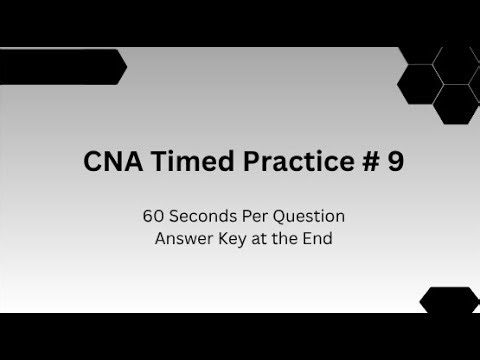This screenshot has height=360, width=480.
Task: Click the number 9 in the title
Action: click(x=395, y=163)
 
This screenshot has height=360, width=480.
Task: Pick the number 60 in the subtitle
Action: click(x=151, y=215)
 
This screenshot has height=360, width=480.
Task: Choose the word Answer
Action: click(x=181, y=238)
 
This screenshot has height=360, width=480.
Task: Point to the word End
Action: click(x=309, y=238)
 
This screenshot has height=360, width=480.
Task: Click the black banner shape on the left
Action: click(x=55, y=67)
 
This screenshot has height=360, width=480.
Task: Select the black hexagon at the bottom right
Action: click(x=449, y=300)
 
